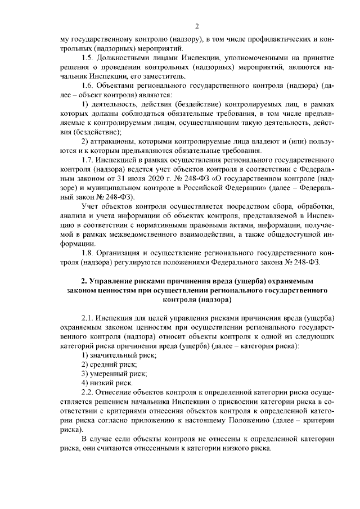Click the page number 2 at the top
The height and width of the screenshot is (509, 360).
coord(197,26)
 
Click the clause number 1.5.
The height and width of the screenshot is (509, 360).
coord(88,57)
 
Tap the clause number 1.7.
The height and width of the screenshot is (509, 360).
coord(88,160)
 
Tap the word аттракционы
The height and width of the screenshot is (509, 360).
coord(116,141)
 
